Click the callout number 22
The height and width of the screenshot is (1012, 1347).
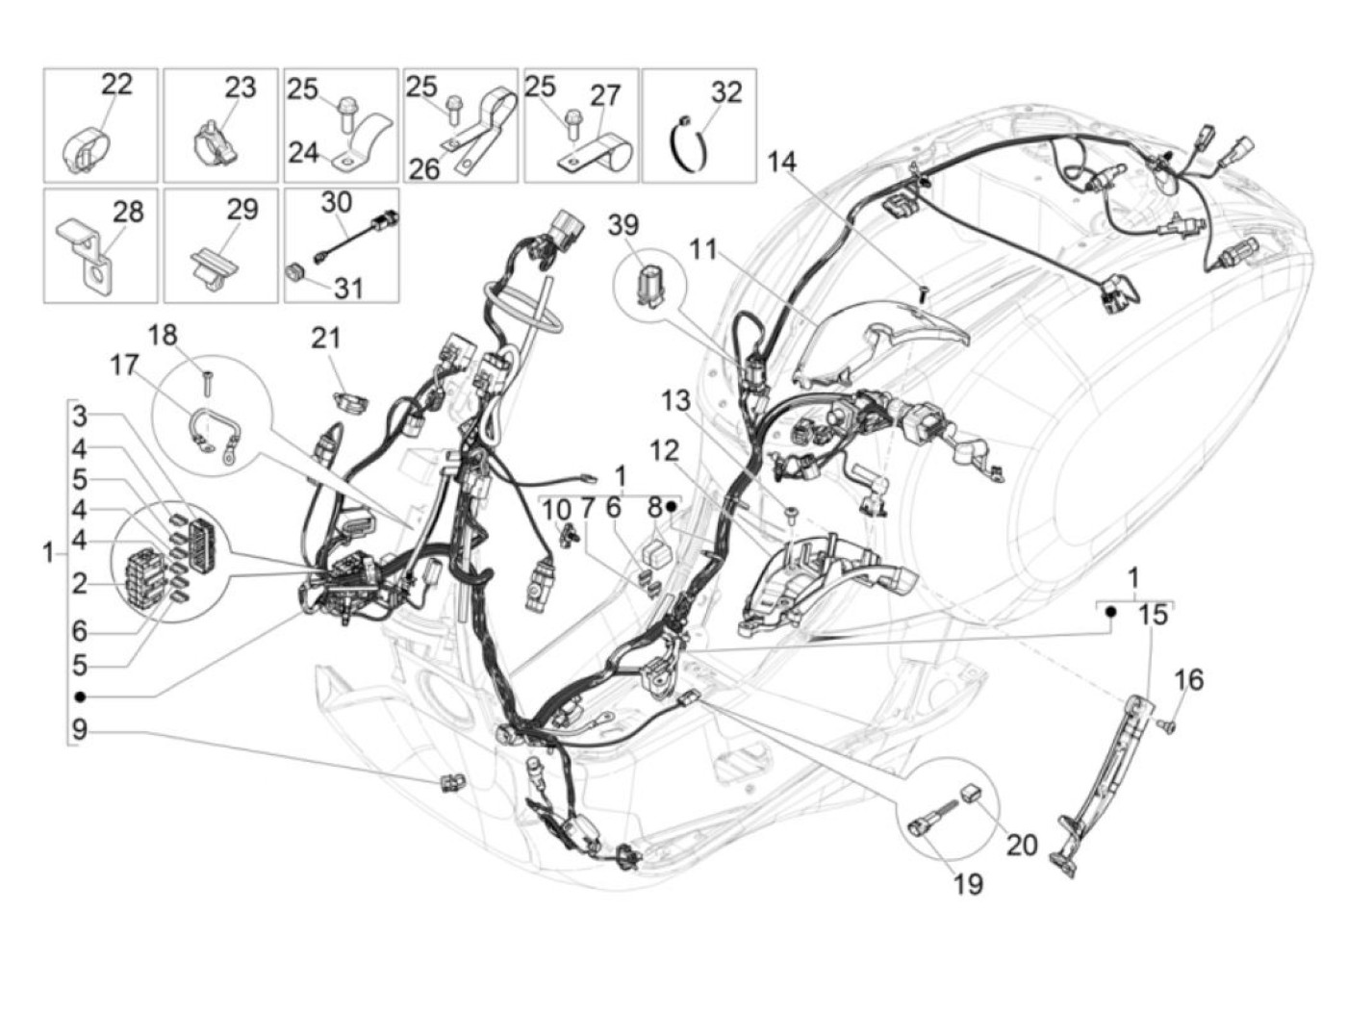pos(116,84)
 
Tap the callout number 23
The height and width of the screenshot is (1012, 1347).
pos(241,88)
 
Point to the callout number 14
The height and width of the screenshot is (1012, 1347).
pos(782,162)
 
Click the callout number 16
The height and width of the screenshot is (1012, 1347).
pos(1189,679)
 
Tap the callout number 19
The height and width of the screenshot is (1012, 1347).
pos(968,883)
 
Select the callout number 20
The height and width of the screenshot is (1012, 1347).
pos(1022,845)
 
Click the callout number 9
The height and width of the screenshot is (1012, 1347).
pos(79,730)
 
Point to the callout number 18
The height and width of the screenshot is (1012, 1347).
pos(164,335)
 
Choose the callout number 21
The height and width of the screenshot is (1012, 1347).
pos(326,338)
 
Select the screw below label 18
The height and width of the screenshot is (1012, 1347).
pos(206,383)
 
